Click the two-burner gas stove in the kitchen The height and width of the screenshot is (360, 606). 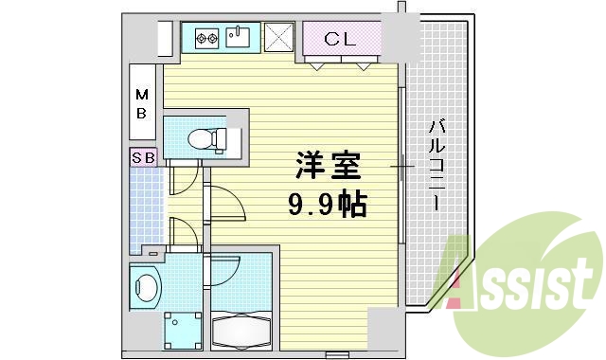tap(207, 39)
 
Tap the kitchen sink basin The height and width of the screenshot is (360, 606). tap(240, 39)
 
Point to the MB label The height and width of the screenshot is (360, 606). tap(141, 103)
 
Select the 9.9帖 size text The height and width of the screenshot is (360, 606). tap(327, 204)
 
